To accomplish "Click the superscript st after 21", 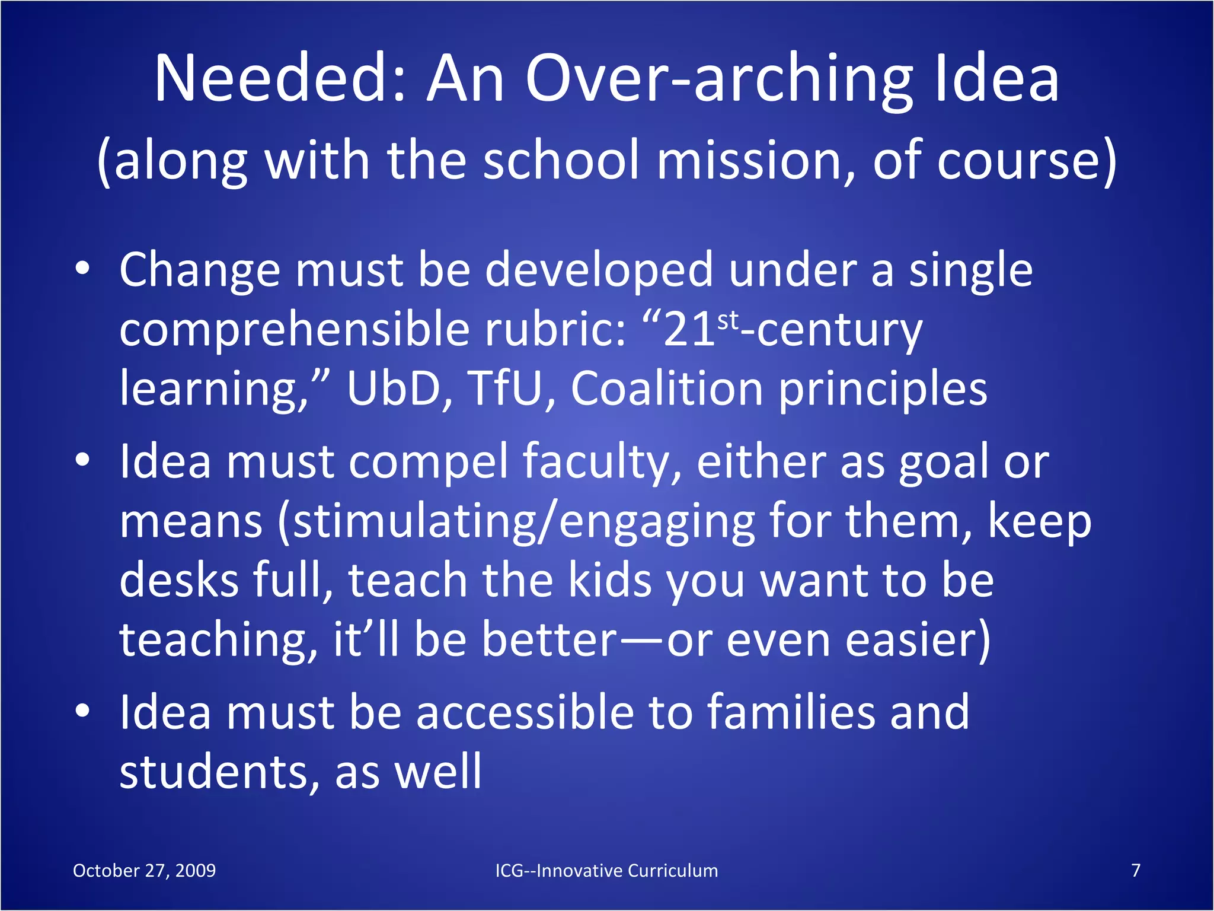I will [729, 321].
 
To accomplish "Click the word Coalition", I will [667, 389].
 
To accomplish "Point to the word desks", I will [180, 580].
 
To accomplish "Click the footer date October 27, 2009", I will [144, 870].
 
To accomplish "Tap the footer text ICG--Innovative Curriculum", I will [606, 870].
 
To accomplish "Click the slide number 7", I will [1136, 870].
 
